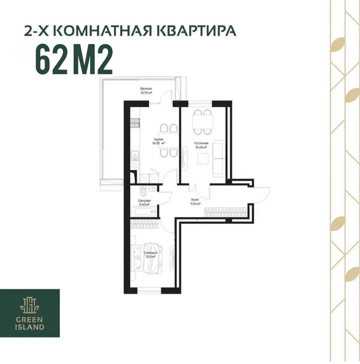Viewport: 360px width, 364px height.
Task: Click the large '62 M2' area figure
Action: [73, 59]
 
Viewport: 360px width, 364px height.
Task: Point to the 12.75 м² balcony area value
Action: [146, 93]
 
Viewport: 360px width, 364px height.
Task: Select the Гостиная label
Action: [201, 143]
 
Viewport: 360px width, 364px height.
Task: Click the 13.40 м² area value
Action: [201, 147]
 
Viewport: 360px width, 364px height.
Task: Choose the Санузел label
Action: [144, 201]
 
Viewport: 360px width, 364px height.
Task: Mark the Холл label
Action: [195, 200]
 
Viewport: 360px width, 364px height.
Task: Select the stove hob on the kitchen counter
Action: [135, 123]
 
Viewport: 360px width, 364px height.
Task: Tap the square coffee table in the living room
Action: [203, 159]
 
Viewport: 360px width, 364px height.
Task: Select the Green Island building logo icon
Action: [30, 305]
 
